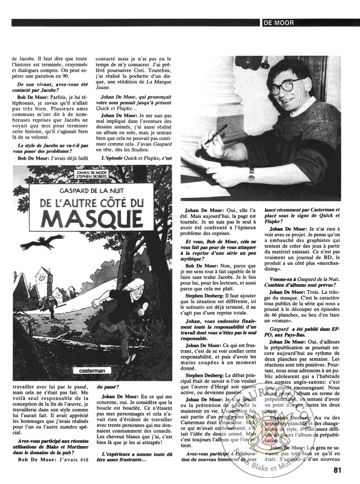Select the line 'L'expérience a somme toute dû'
(x=135, y=454)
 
